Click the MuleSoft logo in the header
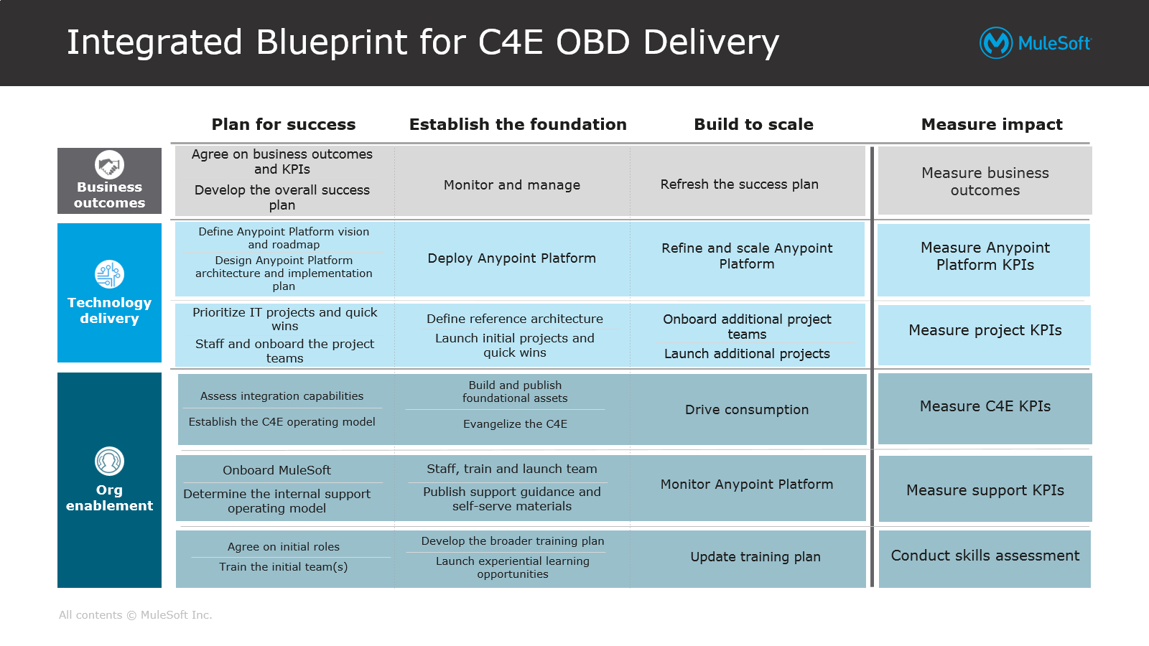coord(1035,43)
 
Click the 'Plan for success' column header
coord(284,124)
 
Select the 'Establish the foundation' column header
coord(518,124)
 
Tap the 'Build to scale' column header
coord(753,124)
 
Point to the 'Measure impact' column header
coord(992,124)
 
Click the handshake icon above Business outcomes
coord(109,165)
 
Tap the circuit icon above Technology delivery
coord(109,274)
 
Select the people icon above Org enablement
coord(109,461)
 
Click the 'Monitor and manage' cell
coord(512,185)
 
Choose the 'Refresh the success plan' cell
coord(740,184)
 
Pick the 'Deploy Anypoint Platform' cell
coord(512,258)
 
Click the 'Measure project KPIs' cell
coord(985,330)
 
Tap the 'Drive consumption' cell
coord(747,410)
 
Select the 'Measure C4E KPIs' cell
coord(985,406)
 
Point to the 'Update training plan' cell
coord(755,557)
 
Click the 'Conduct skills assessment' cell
coord(985,556)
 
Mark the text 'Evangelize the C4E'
coord(515,424)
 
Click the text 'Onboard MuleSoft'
coord(276,470)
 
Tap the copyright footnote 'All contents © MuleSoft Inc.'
coord(136,615)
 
